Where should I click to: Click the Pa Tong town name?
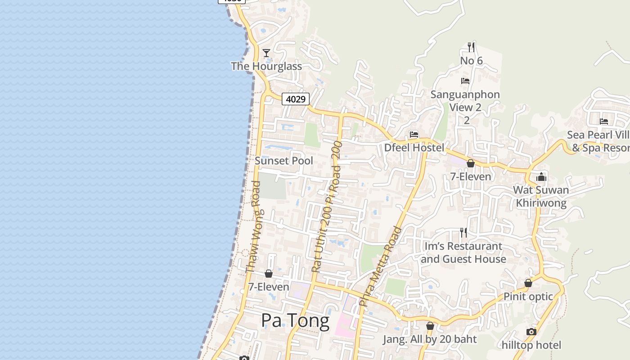tap(295, 321)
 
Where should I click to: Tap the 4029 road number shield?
tap(296, 99)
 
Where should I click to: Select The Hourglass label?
tap(266, 66)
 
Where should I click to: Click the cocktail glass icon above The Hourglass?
tap(266, 53)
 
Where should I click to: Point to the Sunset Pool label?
tap(284, 161)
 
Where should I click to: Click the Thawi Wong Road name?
tap(254, 226)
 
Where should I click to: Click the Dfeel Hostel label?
tap(414, 148)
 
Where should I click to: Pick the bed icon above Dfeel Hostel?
tap(414, 134)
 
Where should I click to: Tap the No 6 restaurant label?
tap(471, 60)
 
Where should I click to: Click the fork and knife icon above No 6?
tap(471, 46)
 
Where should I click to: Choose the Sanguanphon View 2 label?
tap(465, 101)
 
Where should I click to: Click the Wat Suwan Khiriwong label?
tap(541, 196)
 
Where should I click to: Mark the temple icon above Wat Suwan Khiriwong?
tap(541, 177)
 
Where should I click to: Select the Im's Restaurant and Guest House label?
tap(463, 252)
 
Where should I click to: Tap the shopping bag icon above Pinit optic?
tap(528, 283)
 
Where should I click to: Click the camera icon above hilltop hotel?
tap(531, 332)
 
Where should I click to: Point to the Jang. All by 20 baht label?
tap(429, 339)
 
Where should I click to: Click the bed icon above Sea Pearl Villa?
tap(604, 121)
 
